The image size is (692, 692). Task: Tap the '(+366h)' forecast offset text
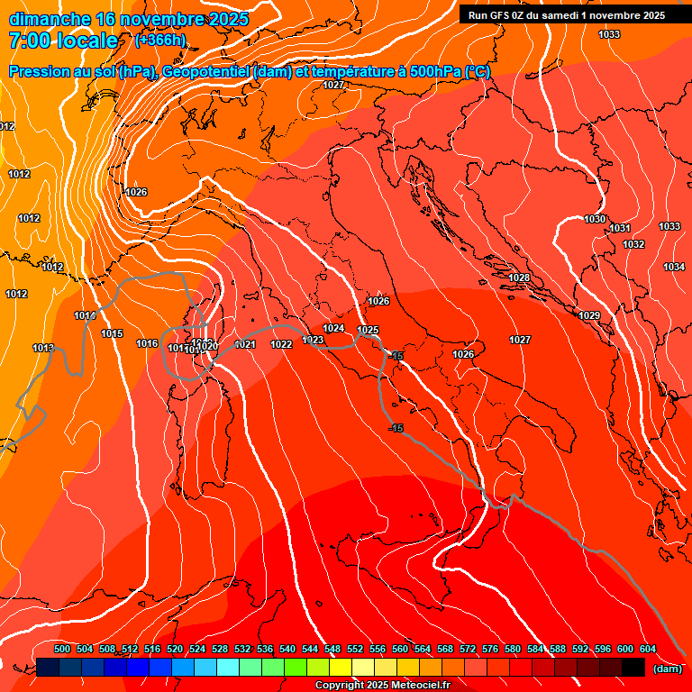click(161, 40)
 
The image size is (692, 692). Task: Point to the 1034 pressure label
click(674, 267)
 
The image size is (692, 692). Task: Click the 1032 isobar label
click(633, 244)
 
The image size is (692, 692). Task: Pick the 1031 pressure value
click(620, 228)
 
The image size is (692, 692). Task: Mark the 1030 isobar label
click(595, 219)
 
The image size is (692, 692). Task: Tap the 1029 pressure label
click(589, 315)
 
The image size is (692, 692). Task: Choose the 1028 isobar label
click(519, 278)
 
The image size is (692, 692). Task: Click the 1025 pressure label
click(368, 330)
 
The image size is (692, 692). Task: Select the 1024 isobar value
click(333, 328)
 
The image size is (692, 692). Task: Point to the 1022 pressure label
click(281, 344)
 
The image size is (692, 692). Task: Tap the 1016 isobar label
click(147, 343)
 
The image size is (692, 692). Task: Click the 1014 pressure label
click(85, 315)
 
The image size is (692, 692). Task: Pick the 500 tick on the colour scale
click(62, 649)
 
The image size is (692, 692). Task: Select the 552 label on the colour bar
click(355, 649)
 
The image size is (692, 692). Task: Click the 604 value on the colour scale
click(648, 649)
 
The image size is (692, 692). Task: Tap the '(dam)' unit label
click(668, 669)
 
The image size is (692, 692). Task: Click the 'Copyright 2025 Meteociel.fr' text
click(382, 686)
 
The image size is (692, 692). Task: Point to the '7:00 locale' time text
click(63, 41)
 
